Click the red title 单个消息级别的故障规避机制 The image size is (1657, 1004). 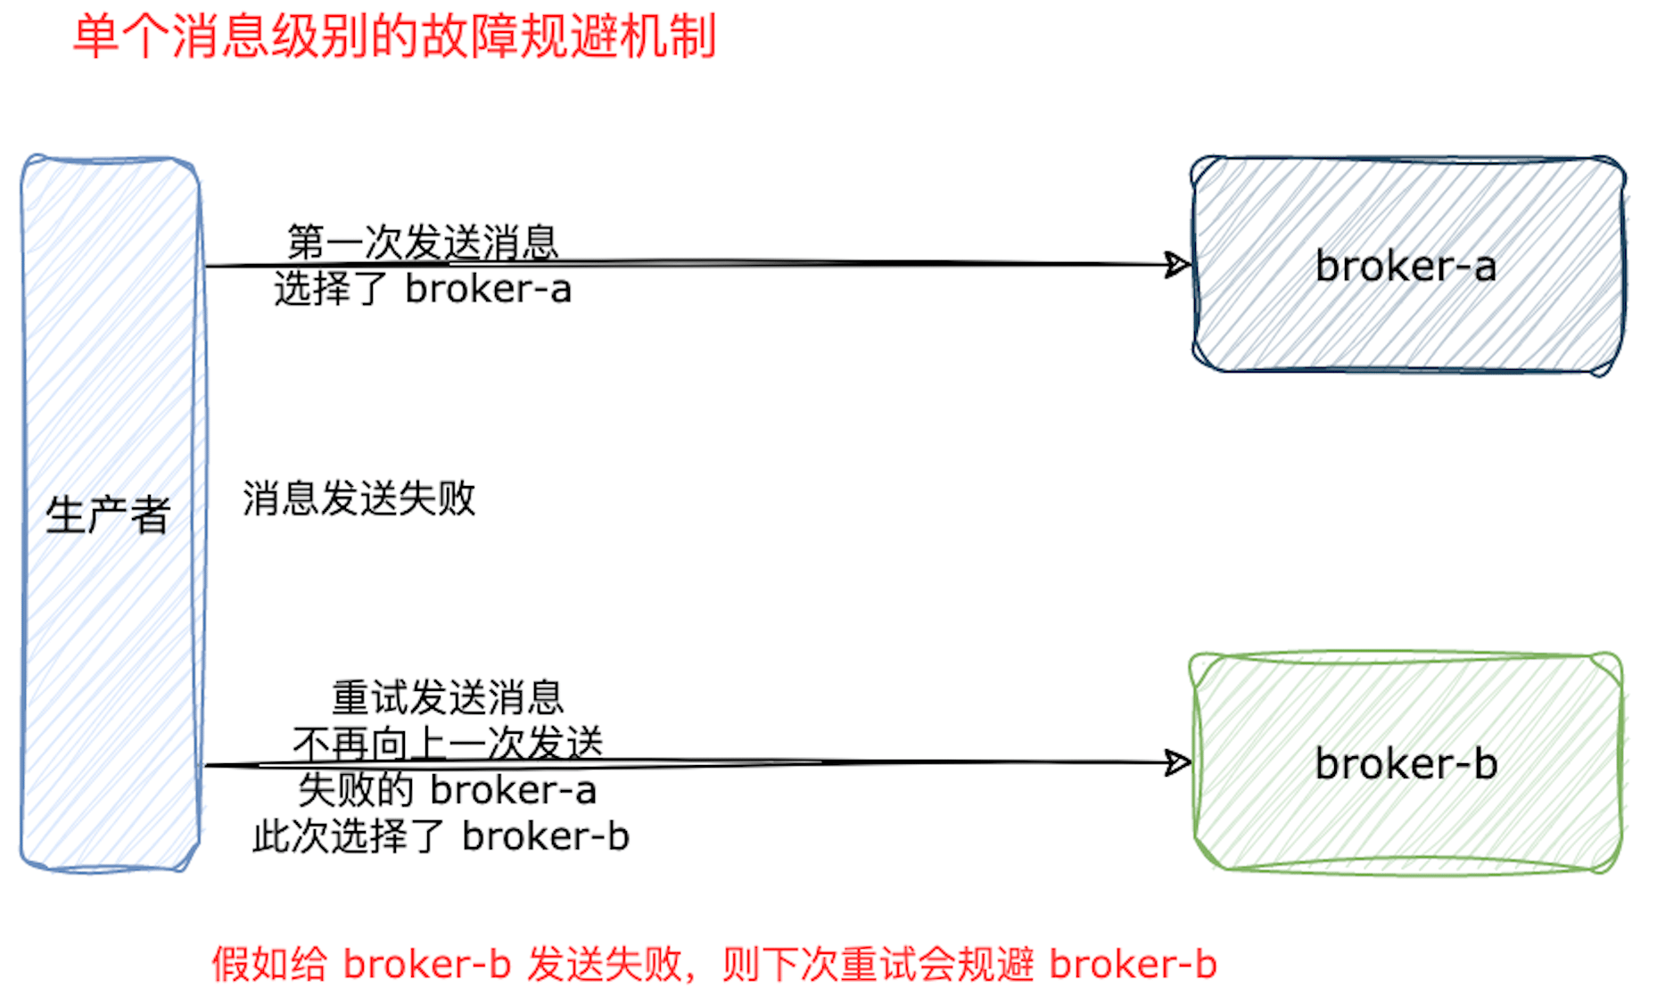[394, 37]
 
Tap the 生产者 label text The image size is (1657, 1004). [108, 515]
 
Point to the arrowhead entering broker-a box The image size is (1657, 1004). [1179, 265]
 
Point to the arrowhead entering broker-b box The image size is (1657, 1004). [1179, 762]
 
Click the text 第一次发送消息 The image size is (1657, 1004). [423, 243]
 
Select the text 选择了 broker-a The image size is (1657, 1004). [423, 289]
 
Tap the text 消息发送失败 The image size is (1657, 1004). [359, 498]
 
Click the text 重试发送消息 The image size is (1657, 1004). [448, 697]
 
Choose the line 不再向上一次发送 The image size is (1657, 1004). [448, 743]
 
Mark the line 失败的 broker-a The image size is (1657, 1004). [448, 790]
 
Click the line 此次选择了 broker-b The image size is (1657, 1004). [441, 836]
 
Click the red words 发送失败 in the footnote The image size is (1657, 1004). [604, 965]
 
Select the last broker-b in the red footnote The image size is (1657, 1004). [1133, 965]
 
